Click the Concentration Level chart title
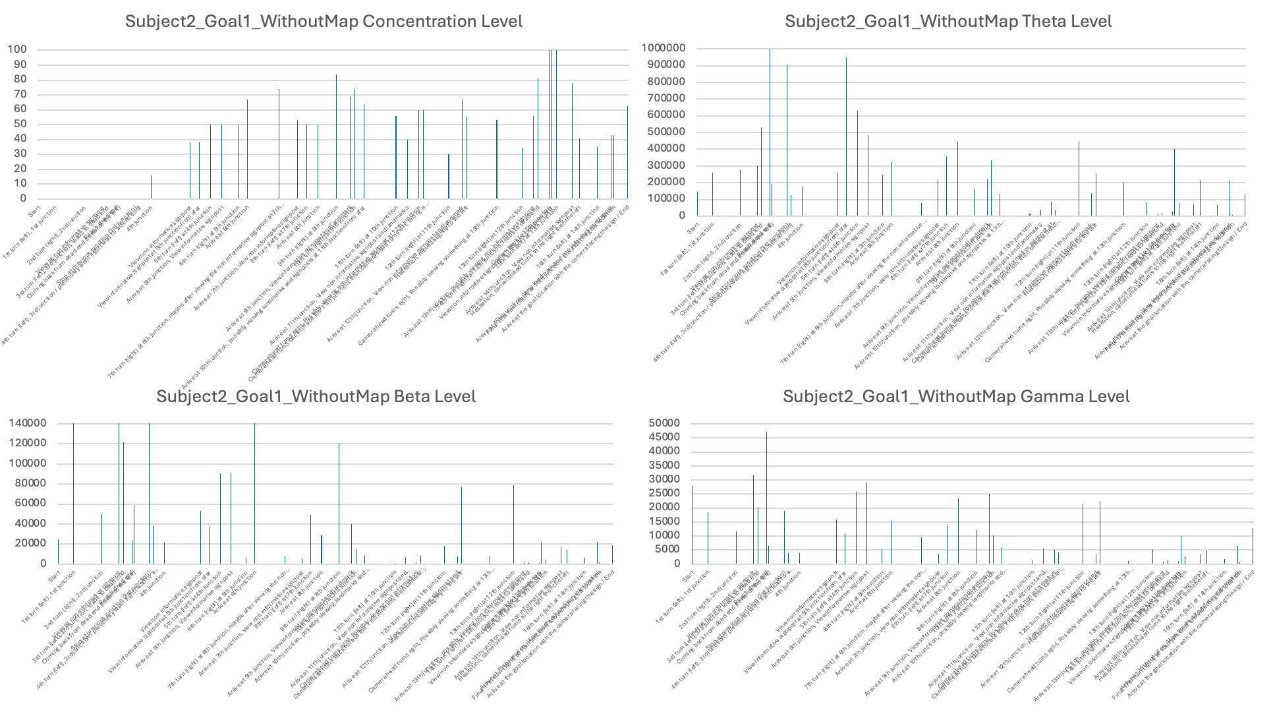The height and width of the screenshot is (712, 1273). pos(324,21)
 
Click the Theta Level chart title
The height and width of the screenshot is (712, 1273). pos(948,21)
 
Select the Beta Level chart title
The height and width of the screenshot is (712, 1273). pos(316,396)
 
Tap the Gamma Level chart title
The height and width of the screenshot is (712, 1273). pos(956,396)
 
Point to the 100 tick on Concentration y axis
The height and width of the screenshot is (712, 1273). pos(17,49)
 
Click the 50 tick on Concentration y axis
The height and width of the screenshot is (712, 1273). pos(20,124)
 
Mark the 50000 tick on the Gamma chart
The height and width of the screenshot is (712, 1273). pos(666,423)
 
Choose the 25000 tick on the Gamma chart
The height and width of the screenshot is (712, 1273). pos(666,493)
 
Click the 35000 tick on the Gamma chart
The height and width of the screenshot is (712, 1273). pos(666,465)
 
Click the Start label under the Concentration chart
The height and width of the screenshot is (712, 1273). pos(34,210)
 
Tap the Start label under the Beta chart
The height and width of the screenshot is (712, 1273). pos(54,576)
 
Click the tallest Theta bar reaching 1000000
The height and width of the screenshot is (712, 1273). pos(770,132)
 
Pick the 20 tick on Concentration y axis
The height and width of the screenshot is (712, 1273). pos(20,169)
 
